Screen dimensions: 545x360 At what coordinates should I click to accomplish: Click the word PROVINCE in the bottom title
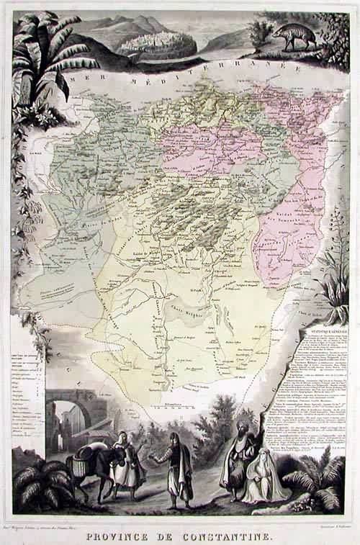click(128, 536)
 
